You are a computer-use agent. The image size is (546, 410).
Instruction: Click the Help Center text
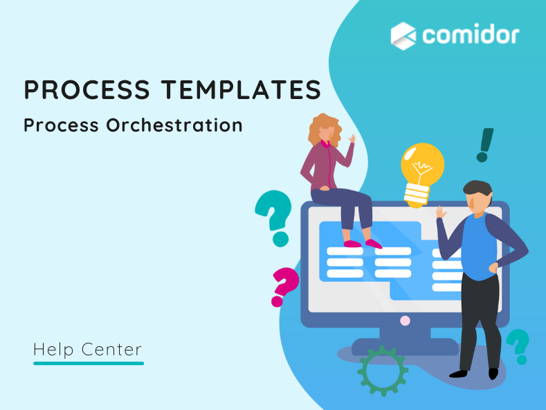87,350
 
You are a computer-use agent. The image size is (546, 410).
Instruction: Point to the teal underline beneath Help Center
89,363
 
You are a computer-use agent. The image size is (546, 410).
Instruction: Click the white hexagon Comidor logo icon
403,35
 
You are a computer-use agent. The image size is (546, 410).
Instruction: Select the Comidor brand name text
471,35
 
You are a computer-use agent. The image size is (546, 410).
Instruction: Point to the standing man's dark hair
477,188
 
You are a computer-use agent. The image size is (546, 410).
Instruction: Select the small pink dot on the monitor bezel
405,320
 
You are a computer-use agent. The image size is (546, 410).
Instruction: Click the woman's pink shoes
363,243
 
